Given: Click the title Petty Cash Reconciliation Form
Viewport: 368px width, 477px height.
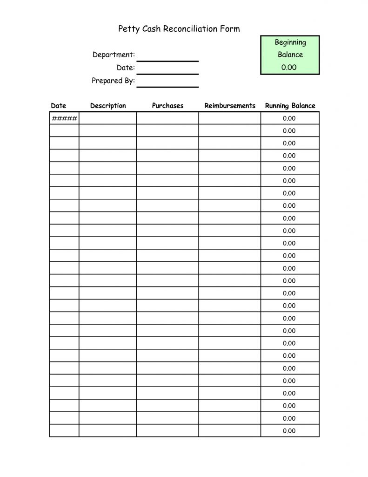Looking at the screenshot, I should pos(179,29).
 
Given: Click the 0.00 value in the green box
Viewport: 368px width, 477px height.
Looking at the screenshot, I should pos(289,67).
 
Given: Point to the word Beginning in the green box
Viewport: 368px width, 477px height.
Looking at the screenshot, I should pos(290,42).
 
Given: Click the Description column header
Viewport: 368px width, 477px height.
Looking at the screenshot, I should pos(108,106).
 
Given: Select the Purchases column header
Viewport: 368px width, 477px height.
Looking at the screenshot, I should pos(167,106).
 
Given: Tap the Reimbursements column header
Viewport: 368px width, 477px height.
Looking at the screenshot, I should pos(230,106).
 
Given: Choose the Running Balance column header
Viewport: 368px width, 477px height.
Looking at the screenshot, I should pos(290,106).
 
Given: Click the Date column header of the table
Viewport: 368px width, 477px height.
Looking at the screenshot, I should pos(59,106).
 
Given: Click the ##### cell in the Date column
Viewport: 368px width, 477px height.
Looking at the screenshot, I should pos(65,118).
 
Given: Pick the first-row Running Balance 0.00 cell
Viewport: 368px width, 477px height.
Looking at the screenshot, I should pos(289,118).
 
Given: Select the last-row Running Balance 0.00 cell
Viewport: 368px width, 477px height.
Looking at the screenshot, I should pos(289,431).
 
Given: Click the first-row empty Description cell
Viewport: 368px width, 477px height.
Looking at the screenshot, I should pos(108,118).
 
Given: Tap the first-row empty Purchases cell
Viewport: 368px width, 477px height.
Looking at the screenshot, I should pos(167,118).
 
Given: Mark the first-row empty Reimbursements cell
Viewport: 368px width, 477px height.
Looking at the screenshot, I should pos(230,118).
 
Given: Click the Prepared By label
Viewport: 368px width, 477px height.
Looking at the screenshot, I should pos(113,81).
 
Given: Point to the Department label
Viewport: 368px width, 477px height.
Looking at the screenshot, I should pos(114,55).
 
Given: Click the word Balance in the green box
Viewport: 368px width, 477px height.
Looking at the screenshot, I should pos(290,55).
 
